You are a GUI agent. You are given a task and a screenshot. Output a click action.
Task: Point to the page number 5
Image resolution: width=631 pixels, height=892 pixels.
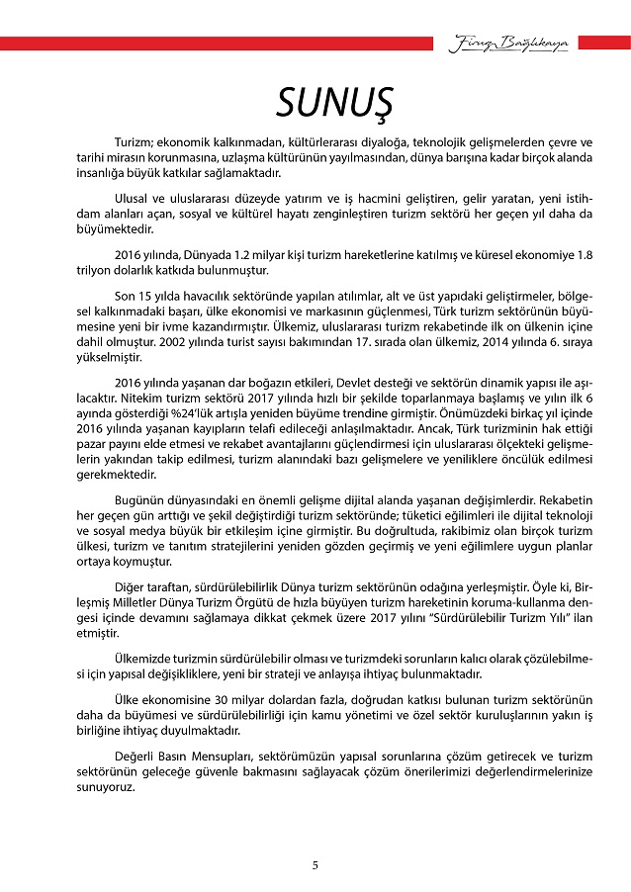[315, 865]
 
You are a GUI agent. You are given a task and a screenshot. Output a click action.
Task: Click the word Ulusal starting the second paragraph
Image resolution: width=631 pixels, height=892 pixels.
[134, 197]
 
